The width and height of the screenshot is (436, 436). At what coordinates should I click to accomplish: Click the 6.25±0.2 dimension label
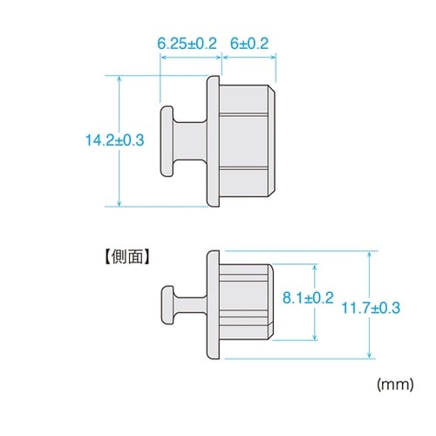(187, 41)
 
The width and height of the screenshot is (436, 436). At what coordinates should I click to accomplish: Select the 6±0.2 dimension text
(249, 41)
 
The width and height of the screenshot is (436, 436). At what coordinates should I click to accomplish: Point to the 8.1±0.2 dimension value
(309, 298)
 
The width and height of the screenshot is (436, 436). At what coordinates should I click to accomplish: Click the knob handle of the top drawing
(168, 140)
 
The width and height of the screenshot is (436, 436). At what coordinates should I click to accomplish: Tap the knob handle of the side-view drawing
(167, 305)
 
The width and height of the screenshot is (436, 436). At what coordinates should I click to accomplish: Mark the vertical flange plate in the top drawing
(212, 140)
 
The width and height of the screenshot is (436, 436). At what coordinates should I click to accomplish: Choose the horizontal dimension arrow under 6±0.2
(249, 55)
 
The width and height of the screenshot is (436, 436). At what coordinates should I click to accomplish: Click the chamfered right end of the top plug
(274, 140)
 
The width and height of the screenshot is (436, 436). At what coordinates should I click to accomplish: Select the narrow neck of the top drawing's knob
(185, 140)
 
